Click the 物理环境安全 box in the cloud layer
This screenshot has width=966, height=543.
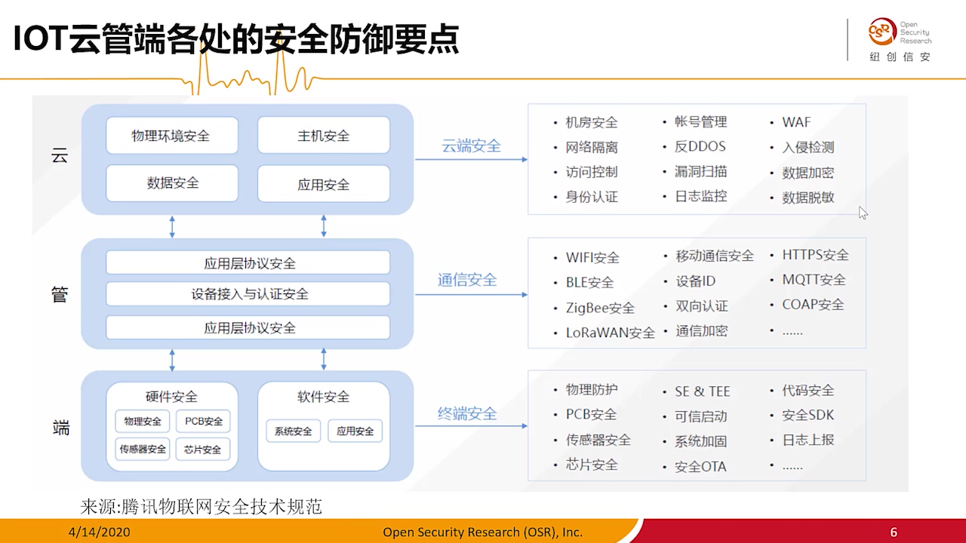coord(171,136)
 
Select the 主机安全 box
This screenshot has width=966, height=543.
coord(323,136)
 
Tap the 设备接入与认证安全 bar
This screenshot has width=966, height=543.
coord(248,294)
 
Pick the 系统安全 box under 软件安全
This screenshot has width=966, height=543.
coord(293,431)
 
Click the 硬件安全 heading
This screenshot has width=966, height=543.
coord(171,397)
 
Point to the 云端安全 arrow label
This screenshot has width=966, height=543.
coord(471,146)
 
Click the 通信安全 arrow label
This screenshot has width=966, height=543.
coord(467,281)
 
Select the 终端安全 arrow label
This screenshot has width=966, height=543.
coord(467,413)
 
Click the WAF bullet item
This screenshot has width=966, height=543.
coord(796,122)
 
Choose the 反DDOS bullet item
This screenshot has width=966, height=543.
coord(700,146)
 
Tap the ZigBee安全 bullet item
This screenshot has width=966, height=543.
coord(600,308)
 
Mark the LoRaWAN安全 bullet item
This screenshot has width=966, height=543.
coord(610,333)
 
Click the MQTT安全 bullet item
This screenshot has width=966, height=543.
coord(814,280)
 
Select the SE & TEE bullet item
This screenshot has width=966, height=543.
coord(702,391)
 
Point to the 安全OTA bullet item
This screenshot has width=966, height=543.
coord(700,467)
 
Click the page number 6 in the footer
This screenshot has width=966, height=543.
coord(894,532)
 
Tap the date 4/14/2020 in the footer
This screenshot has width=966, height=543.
coord(99,532)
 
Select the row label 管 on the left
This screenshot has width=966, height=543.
coord(60,294)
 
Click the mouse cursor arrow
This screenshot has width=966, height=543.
coord(863,213)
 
